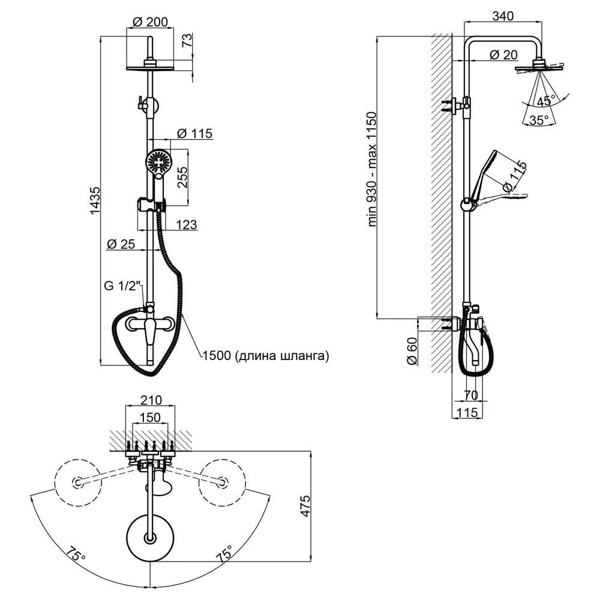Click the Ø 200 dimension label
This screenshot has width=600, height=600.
(150, 22)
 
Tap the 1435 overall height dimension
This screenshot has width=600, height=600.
(95, 200)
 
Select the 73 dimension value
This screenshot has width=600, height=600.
(187, 40)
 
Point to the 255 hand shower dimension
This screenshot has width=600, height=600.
(182, 177)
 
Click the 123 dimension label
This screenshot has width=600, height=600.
(187, 224)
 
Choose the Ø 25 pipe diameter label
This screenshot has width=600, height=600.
(121, 244)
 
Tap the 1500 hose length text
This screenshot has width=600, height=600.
(266, 355)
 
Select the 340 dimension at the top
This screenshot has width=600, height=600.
(503, 16)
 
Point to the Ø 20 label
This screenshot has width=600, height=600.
(503, 55)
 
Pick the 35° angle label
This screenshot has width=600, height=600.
(539, 120)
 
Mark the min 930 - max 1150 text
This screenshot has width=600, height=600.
(372, 169)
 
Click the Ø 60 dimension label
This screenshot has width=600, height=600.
(412, 351)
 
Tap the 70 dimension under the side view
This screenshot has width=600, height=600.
(471, 395)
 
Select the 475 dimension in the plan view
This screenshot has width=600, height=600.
(305, 506)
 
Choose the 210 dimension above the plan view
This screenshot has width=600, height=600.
(151, 400)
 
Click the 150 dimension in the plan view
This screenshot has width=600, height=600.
(150, 417)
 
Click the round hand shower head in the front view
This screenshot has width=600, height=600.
(158, 162)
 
